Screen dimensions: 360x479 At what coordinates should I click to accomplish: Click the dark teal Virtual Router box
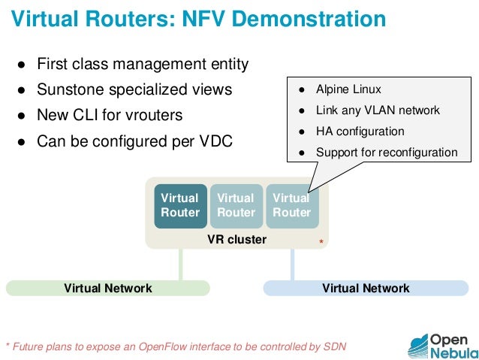pos(180,205)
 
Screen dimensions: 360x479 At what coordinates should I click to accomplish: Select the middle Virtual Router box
pos(236,205)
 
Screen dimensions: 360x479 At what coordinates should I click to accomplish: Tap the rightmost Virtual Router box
pos(291,205)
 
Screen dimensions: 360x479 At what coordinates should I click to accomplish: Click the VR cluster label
pos(236,240)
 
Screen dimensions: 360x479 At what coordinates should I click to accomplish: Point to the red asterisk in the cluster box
pos(321,243)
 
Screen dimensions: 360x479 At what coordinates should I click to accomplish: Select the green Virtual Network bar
pos(108,288)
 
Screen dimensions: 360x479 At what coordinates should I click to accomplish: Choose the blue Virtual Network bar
pos(366,288)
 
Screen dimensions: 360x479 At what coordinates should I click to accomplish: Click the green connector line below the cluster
pos(180,264)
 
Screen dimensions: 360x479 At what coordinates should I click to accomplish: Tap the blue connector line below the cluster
pos(292,264)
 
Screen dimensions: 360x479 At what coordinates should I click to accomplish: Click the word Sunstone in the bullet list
pos(71,90)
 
